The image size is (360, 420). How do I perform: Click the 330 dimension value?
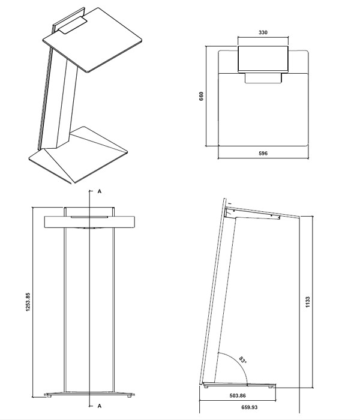coord(263,33)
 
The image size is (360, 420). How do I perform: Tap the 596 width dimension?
coord(262,154)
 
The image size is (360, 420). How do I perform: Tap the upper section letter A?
coord(98,191)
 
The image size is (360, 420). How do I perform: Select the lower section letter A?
coord(98,406)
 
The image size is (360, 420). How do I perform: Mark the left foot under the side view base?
coord(206,388)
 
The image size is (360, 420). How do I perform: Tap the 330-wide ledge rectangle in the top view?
coord(263,58)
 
